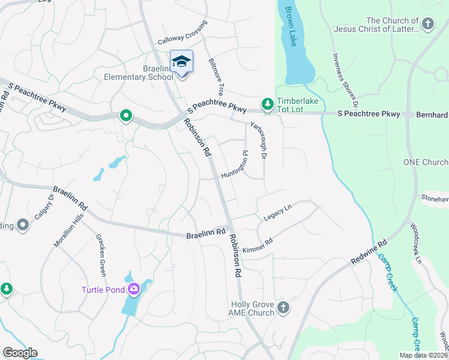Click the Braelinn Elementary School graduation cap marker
tap(182, 62)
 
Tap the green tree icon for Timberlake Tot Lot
tap(267, 104)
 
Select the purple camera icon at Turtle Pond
tap(134, 289)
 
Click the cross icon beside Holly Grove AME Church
tap(283, 308)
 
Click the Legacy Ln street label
tap(277, 211)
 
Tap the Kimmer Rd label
tap(258, 245)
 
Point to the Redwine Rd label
tap(370, 252)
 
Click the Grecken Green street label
tap(101, 254)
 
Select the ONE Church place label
tap(426, 163)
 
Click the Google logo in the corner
tap(20, 353)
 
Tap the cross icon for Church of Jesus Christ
tap(427, 24)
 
